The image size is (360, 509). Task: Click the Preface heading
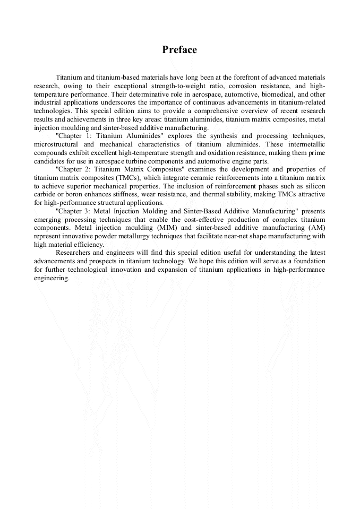tap(179, 50)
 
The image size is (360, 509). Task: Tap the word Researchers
tap(74, 253)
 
